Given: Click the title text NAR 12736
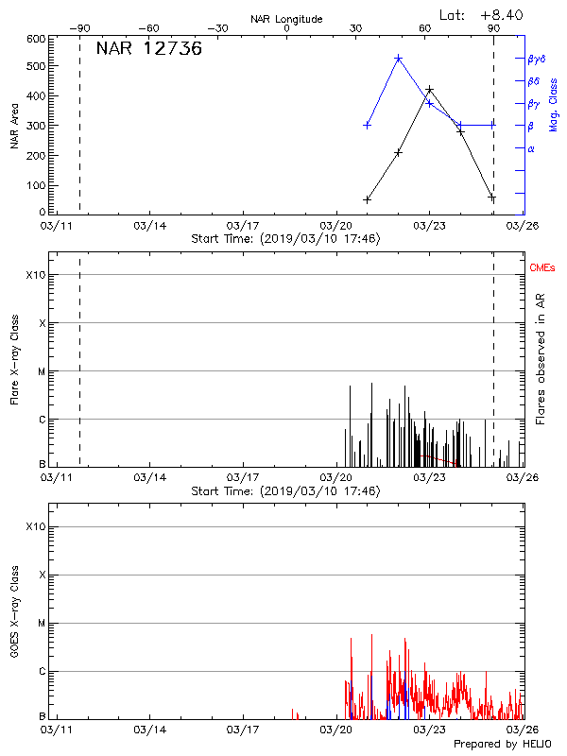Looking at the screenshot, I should coord(148,50).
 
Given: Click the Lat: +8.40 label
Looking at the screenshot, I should coord(483,14).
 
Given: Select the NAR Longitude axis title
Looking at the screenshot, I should coord(286,19).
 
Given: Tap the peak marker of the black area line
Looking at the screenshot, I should coord(429,90).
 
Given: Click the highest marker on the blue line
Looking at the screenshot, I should coord(398,59).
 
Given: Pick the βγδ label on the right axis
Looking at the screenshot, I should coord(536,59).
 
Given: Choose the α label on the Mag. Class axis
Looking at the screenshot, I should coord(531,148).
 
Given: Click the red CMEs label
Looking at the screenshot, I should coord(542,268).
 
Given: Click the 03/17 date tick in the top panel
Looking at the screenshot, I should coord(243,226).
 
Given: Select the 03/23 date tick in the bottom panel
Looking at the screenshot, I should coord(429,730).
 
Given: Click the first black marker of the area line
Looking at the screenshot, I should coord(367,199).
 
